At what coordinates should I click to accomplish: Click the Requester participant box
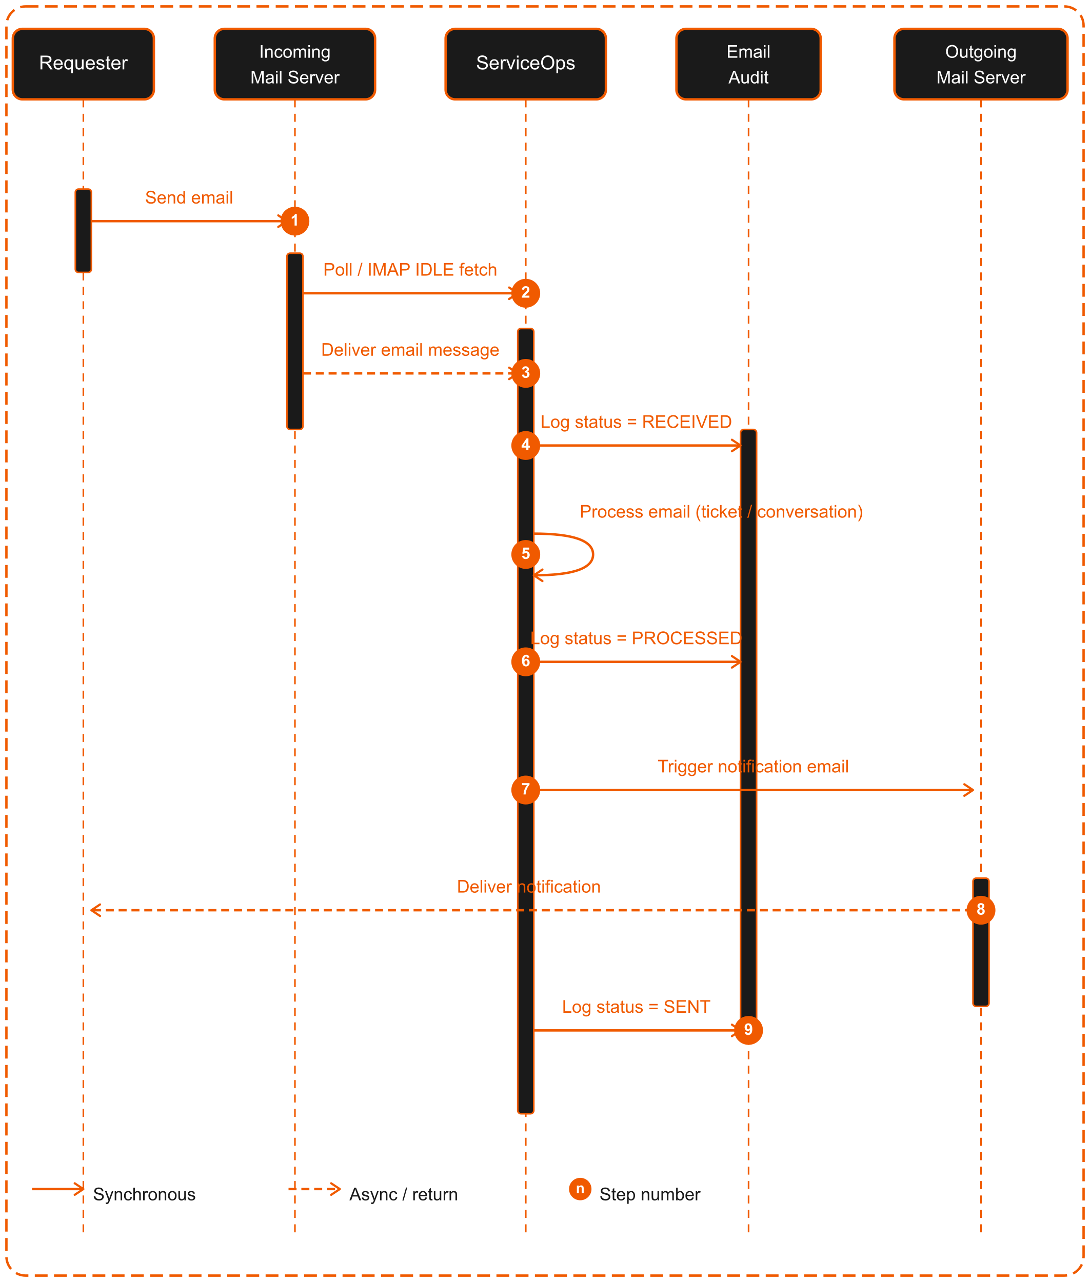tap(84, 64)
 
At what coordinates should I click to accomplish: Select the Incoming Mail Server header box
tap(295, 64)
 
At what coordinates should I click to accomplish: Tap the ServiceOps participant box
tap(525, 64)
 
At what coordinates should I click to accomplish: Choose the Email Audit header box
tap(748, 64)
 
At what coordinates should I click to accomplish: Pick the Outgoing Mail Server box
tap(981, 64)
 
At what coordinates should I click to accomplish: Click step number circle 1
tap(295, 221)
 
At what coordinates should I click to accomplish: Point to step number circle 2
tap(525, 293)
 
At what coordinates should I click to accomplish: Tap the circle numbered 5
tap(525, 554)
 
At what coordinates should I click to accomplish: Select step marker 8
tap(981, 909)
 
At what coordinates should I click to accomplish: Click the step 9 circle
tap(748, 1030)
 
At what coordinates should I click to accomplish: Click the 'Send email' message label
tap(189, 198)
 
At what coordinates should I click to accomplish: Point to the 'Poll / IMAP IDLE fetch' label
tap(410, 270)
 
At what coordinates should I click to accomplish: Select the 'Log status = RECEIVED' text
tap(636, 422)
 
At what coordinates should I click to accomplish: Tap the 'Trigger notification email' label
tap(752, 767)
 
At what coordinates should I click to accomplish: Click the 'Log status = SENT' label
tap(636, 1007)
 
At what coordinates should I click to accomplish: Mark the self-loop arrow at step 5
tap(593, 554)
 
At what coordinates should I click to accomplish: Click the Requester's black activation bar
tap(84, 230)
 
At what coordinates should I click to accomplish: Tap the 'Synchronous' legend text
tap(144, 1194)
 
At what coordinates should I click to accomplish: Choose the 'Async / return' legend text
tap(404, 1194)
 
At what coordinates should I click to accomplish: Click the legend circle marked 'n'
tap(580, 1189)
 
